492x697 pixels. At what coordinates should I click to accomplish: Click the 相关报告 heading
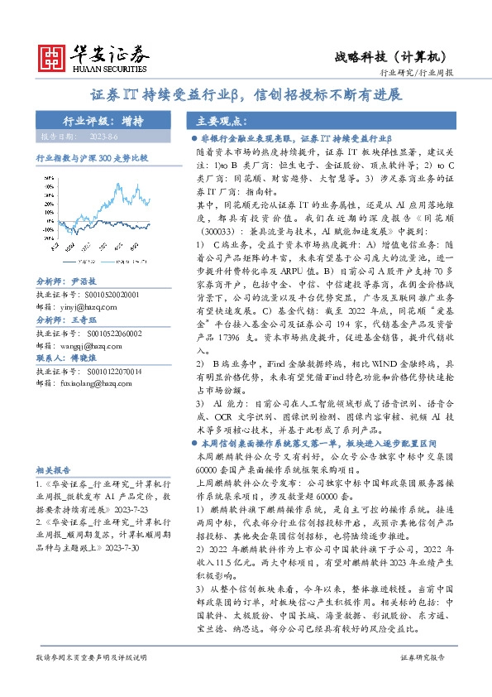coord(51,469)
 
